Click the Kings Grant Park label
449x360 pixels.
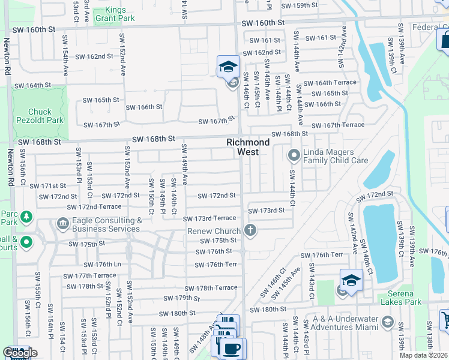(x=120, y=14)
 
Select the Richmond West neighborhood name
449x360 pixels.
(x=247, y=147)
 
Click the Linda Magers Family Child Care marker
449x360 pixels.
(x=294, y=156)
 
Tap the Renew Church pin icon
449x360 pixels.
(x=250, y=231)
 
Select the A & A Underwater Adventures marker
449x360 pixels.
(x=387, y=323)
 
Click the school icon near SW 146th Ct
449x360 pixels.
(x=228, y=67)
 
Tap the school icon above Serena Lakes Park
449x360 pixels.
(x=351, y=280)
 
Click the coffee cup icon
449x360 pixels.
(x=232, y=347)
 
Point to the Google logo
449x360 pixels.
(x=20, y=353)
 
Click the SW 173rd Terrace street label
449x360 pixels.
(x=209, y=219)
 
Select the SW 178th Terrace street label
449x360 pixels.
(x=211, y=288)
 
